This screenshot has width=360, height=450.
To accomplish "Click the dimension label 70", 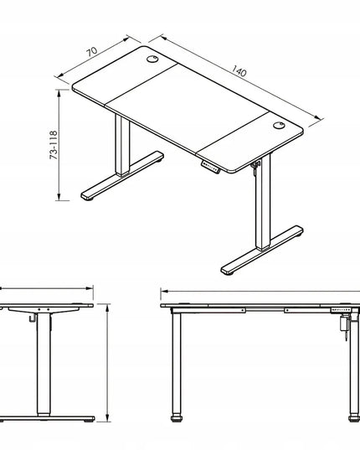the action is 92,52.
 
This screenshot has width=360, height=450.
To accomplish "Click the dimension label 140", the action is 239,71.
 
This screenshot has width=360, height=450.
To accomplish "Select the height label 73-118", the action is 54,145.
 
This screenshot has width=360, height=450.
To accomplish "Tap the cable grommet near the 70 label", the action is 152,59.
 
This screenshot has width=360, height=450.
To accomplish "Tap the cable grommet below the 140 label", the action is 279,126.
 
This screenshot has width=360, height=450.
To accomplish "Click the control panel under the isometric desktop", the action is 210,167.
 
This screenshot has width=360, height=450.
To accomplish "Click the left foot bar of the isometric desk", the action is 122,175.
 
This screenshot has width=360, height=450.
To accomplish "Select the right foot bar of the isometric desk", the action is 262,250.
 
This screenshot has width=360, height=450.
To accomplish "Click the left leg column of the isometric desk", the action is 122,145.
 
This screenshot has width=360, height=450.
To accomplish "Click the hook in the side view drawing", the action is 33,318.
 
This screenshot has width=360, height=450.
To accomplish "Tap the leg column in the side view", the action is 44,365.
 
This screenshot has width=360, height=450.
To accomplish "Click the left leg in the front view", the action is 177,364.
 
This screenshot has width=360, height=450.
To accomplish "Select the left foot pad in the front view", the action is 177,418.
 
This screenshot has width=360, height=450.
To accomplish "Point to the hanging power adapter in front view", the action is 343,323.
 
